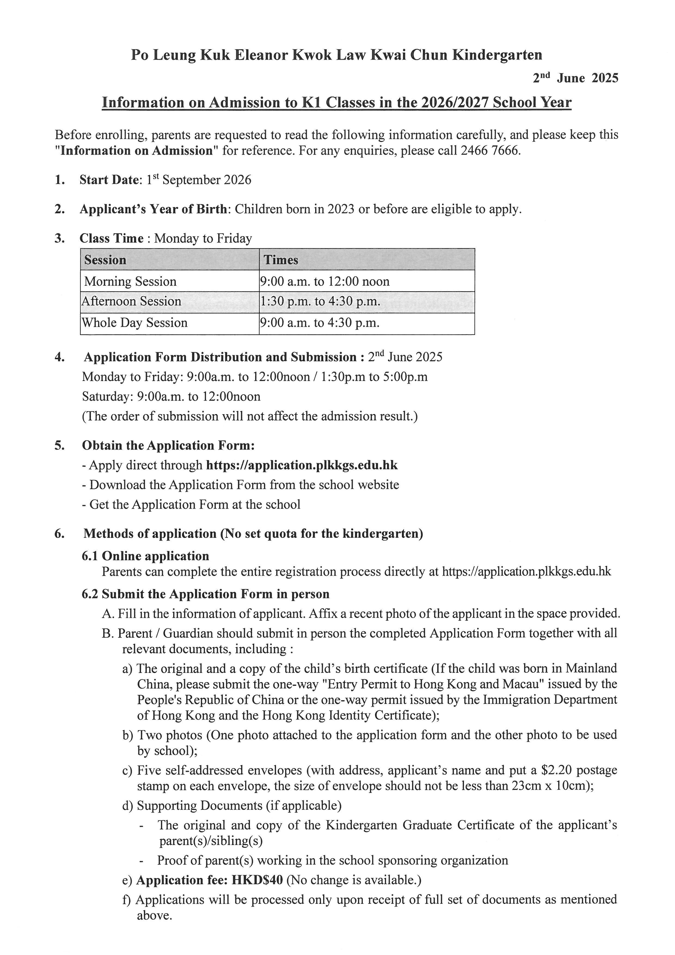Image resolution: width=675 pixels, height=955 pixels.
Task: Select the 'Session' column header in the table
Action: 105,260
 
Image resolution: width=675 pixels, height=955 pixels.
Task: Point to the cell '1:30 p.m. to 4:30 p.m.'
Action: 320,301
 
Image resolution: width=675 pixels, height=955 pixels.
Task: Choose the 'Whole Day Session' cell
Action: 135,323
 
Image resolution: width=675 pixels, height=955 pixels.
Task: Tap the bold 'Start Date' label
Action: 109,180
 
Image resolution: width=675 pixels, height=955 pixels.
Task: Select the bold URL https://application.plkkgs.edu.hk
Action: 302,465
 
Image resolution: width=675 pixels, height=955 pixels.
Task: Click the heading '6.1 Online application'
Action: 145,556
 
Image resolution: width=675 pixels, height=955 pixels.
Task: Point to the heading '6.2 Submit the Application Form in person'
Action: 206,594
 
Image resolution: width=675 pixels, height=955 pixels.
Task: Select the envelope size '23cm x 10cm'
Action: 547,786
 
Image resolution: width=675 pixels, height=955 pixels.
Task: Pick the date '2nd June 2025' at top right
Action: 576,78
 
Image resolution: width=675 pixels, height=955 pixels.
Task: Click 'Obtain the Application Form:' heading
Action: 168,446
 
